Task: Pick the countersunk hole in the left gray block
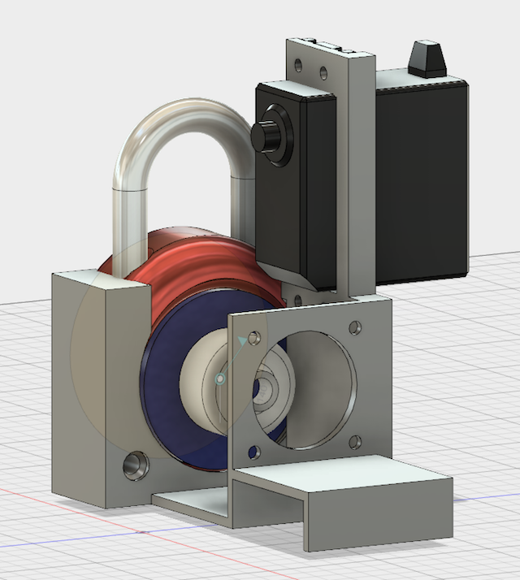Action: pos(132,467)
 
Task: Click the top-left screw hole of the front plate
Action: pos(256,335)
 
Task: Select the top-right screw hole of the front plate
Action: pos(354,328)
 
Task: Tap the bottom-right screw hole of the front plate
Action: pos(354,442)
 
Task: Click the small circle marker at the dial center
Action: pos(219,379)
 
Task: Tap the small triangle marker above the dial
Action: pos(241,342)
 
